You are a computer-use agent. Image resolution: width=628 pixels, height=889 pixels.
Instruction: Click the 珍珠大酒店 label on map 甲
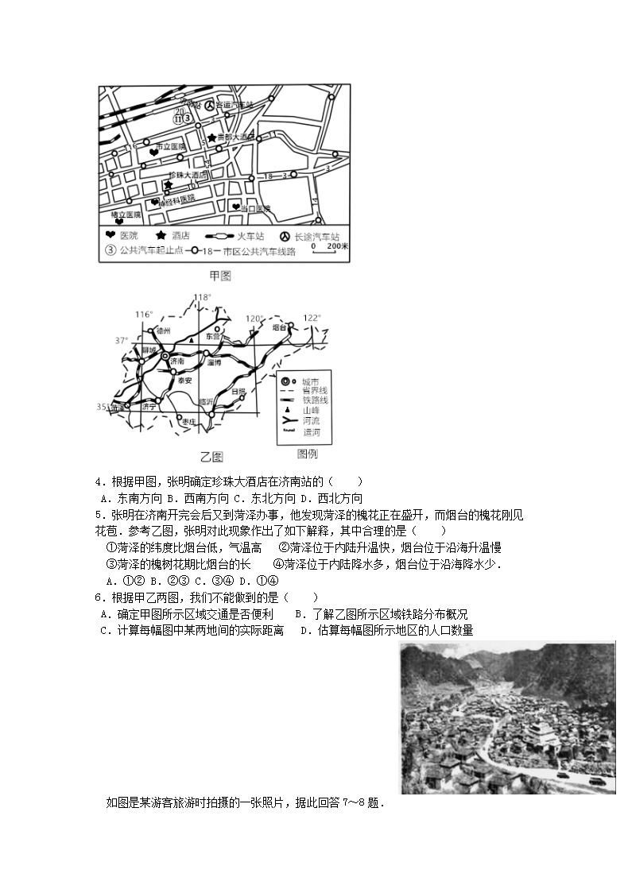pos(188,175)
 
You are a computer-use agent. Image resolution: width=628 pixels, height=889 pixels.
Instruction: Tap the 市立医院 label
pos(170,147)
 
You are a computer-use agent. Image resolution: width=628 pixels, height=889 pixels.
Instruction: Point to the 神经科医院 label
pos(176,202)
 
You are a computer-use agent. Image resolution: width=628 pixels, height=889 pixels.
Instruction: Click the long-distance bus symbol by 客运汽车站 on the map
pos(209,105)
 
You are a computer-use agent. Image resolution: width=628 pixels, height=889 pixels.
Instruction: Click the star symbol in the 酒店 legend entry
pos(161,236)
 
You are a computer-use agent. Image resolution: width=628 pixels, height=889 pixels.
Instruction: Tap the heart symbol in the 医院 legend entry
pos(110,236)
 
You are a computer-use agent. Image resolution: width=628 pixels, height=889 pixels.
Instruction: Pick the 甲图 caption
pos(219,276)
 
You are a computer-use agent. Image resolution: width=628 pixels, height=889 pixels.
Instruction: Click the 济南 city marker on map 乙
pos(165,359)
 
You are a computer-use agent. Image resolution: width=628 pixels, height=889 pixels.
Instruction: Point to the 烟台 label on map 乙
pos(277,327)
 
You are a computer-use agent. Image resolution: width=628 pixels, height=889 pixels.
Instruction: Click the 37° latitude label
pos(121,340)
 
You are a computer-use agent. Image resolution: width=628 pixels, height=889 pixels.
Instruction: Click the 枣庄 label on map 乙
pos(188,423)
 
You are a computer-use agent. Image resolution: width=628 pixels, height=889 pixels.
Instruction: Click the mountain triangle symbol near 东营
pos(191,341)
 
